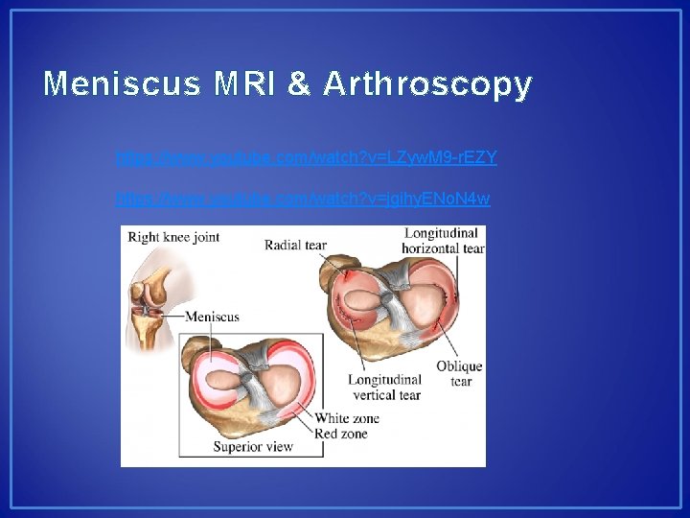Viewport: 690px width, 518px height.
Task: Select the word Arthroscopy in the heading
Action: (x=426, y=84)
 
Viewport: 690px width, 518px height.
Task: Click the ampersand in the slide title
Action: (x=299, y=84)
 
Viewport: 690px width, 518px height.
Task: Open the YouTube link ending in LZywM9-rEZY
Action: (x=306, y=156)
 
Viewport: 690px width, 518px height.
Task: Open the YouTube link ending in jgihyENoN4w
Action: (x=302, y=199)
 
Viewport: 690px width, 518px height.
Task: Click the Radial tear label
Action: (x=295, y=245)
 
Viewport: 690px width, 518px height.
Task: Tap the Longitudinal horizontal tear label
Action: (x=444, y=241)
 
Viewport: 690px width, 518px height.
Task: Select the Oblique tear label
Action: (x=459, y=373)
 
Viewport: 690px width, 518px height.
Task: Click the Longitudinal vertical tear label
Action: (x=384, y=388)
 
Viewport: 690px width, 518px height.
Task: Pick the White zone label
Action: (x=347, y=418)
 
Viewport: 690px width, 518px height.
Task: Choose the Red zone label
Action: (x=341, y=434)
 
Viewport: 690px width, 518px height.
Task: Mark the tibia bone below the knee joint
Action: (x=147, y=331)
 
